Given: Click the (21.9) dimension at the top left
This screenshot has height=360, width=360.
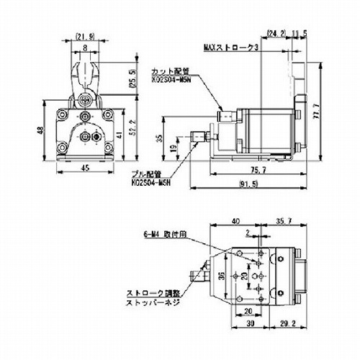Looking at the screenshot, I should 84,35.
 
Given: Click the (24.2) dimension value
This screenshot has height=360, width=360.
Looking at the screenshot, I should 276,33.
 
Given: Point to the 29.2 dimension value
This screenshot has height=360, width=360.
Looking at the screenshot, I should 285,323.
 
